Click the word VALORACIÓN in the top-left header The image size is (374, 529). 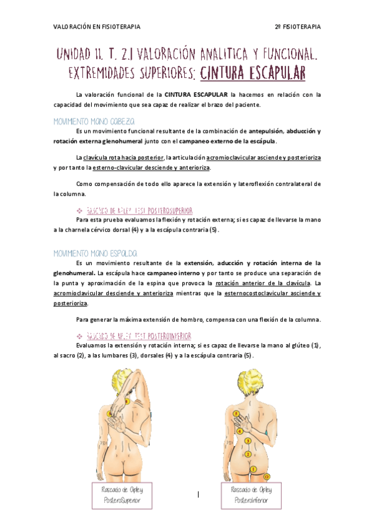(71, 27)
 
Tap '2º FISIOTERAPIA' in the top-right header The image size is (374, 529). (298, 27)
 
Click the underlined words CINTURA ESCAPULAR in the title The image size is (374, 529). (253, 74)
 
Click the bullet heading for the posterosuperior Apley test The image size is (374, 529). (139, 210)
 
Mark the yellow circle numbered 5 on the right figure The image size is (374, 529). (236, 414)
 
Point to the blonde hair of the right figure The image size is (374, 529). (247, 381)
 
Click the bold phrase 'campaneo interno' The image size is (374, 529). (179, 273)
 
